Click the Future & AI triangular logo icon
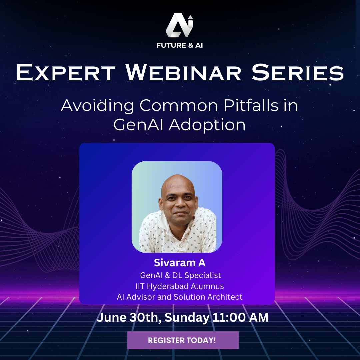point(179,25)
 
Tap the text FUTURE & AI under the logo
point(180,45)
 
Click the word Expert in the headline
point(66,73)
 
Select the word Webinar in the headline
point(183,73)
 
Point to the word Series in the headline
point(298,73)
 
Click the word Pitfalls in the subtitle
point(251,105)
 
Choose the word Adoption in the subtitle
point(207,125)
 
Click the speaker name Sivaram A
point(180,263)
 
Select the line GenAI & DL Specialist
point(180,275)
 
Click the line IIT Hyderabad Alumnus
point(180,286)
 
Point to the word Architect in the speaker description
point(225,297)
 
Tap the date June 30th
point(129,318)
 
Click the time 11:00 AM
point(240,317)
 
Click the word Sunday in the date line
point(187,318)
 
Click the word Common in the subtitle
point(179,105)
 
